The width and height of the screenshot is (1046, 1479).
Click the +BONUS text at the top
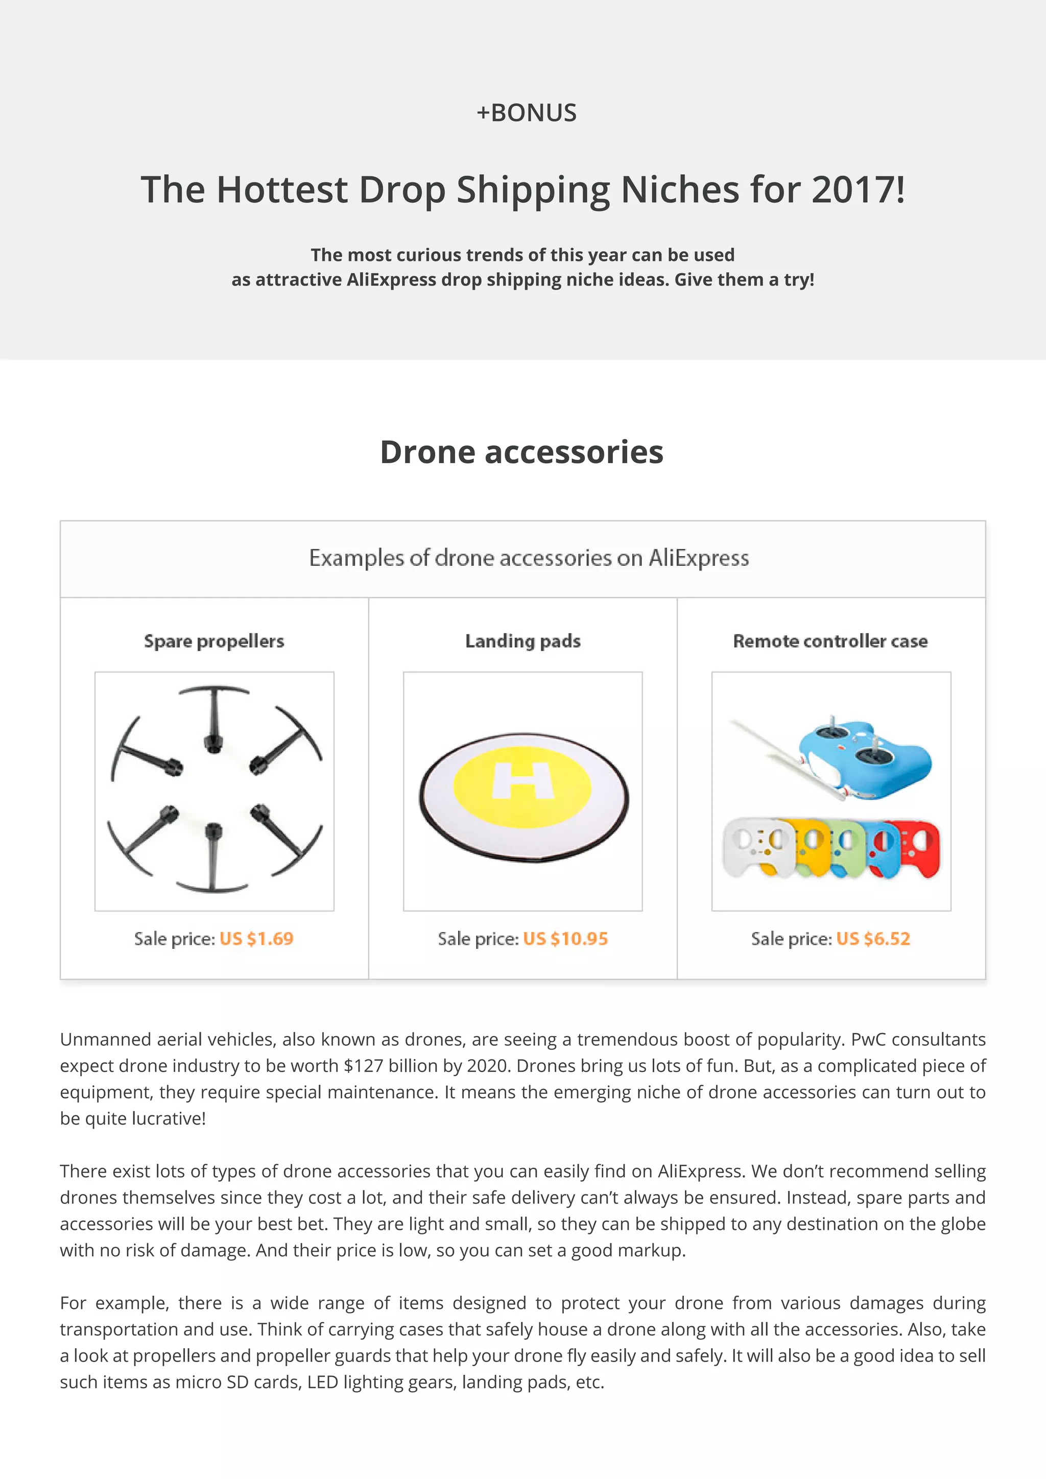tap(526, 113)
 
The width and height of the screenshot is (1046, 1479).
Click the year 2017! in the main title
tap(858, 189)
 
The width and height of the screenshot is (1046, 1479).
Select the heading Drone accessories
tap(521, 451)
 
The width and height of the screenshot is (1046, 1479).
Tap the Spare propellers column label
tap(214, 641)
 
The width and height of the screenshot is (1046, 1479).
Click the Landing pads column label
tap(522, 641)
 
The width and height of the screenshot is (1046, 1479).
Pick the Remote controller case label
tap(830, 641)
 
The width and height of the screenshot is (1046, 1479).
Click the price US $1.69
tap(256, 939)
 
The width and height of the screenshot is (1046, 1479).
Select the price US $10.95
tap(565, 939)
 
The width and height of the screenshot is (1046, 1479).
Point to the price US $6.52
tap(873, 939)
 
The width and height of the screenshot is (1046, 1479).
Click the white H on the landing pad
tap(522, 781)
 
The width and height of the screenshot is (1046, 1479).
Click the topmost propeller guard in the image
tap(213, 715)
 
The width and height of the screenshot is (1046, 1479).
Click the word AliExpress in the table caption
tap(699, 558)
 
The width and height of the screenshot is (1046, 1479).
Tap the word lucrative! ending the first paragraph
tap(169, 1118)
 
